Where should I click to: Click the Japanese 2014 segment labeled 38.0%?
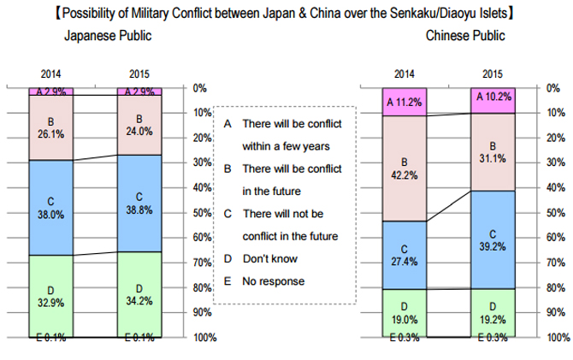(52, 208)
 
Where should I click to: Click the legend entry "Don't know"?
(269, 258)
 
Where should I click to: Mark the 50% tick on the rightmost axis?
(554, 212)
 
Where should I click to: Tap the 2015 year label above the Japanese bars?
(139, 74)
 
